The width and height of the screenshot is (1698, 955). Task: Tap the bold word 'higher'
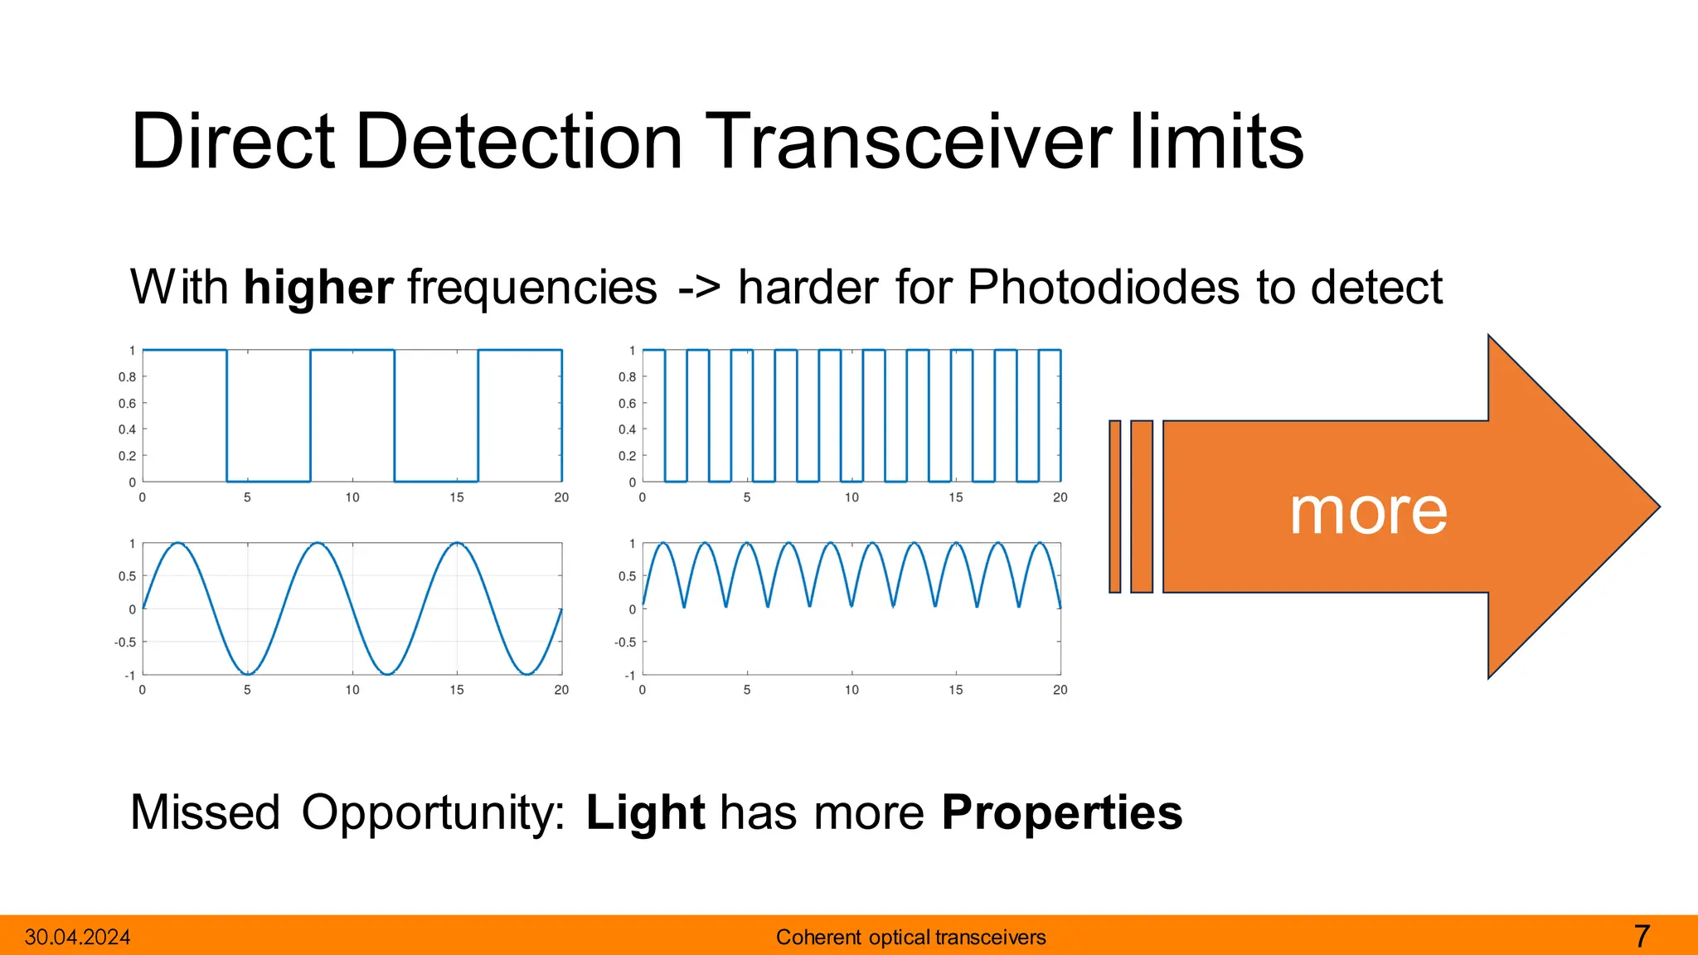pos(318,288)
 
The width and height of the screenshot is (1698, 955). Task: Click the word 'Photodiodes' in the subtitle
pos(1104,288)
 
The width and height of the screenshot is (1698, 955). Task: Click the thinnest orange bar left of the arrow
pos(1114,507)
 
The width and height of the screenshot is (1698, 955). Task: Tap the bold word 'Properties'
pos(1061,813)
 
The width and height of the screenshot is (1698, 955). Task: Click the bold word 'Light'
pos(645,813)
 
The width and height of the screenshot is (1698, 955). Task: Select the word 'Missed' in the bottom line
pos(205,812)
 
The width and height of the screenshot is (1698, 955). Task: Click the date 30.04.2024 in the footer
pos(77,938)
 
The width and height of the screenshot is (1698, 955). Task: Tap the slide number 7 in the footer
pos(1642,937)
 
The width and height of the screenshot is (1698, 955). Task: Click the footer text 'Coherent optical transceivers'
pos(910,938)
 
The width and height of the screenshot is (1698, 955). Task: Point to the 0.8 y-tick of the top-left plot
pos(127,377)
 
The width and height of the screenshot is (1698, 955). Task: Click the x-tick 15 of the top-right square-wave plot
pos(955,497)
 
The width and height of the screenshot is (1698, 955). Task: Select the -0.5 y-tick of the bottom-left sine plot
pos(125,642)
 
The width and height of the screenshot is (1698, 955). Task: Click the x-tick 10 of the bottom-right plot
pos(851,690)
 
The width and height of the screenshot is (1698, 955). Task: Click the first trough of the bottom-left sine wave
pos(247,673)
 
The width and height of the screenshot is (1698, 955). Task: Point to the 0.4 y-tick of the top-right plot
pos(627,429)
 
